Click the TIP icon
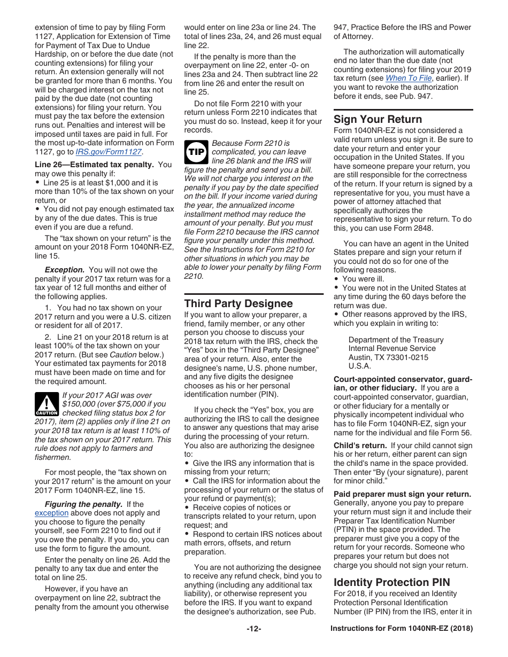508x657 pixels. coord(195,152)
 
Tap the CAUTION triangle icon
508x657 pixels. coord(47,404)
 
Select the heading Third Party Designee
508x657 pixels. coord(238,303)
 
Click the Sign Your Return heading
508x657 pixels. coord(378,119)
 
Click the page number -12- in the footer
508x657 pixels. coord(254,629)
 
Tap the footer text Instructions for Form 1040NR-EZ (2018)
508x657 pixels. coord(402,629)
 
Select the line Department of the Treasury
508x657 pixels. coord(396,340)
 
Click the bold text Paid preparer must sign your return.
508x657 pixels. coord(402,494)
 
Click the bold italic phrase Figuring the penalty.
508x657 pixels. coord(83,504)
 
